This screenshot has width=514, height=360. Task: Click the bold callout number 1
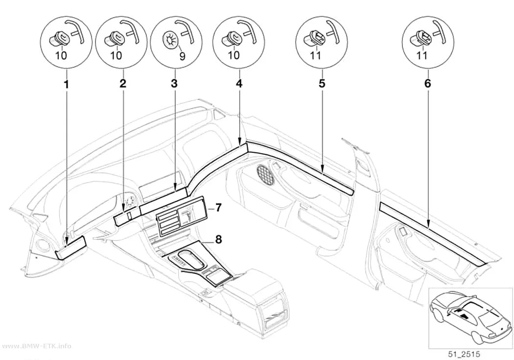pyautogui.click(x=67, y=84)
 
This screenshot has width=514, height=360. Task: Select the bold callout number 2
pyautogui.click(x=122, y=83)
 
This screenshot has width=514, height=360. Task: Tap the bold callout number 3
pyautogui.click(x=174, y=83)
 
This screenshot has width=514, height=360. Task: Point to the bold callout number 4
pyautogui.click(x=239, y=83)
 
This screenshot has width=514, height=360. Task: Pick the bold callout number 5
pyautogui.click(x=322, y=83)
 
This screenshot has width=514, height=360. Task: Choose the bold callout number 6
pyautogui.click(x=427, y=83)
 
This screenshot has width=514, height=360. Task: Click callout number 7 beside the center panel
pyautogui.click(x=218, y=207)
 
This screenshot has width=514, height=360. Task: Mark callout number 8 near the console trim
pyautogui.click(x=218, y=240)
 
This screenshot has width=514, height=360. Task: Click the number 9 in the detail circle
pyautogui.click(x=182, y=56)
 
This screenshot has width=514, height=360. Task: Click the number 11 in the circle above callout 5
pyautogui.click(x=315, y=55)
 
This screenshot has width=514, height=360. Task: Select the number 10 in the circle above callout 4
pyautogui.click(x=234, y=55)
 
